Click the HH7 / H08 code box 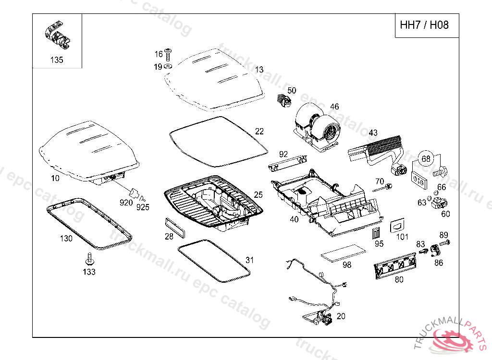click(x=424, y=25)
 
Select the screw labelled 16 click(x=169, y=53)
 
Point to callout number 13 click(x=259, y=70)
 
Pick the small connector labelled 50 click(x=283, y=101)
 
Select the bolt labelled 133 click(x=89, y=260)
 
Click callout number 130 click(x=66, y=238)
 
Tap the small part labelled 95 click(x=376, y=233)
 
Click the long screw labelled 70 click(x=383, y=187)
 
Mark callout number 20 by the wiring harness click(x=341, y=316)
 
